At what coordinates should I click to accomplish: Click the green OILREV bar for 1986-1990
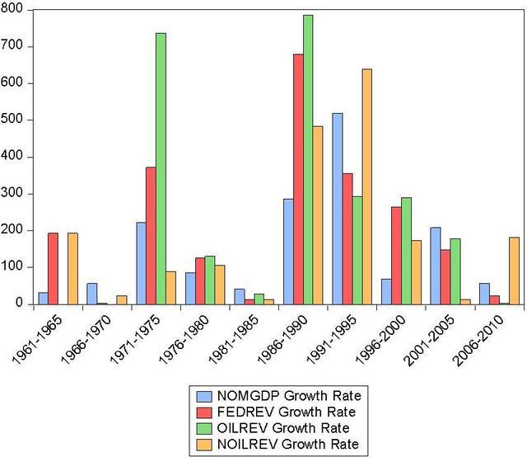point(308,160)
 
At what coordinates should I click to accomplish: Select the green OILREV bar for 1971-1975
point(161,169)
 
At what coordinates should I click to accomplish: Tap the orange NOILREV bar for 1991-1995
point(367,186)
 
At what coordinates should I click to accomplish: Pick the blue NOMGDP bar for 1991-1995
point(338,209)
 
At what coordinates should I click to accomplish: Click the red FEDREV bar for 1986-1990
point(298,179)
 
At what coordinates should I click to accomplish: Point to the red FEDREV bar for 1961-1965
point(53,269)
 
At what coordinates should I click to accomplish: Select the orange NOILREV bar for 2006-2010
point(514,271)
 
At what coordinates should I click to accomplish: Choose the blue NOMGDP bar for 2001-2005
point(436,266)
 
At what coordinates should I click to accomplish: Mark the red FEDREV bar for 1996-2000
point(396,256)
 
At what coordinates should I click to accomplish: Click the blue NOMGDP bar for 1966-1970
point(92,294)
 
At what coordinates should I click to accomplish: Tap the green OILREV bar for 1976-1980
point(210,280)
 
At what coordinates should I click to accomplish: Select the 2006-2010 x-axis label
point(478,341)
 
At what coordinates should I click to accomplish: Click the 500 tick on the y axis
point(12,120)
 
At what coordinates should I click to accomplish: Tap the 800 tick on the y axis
point(12,9)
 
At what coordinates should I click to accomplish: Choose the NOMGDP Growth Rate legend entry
point(278,396)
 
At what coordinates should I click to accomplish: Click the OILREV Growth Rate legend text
point(283,428)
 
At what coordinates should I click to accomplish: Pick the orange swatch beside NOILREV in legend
point(204,445)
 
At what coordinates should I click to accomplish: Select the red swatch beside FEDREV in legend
point(204,412)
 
